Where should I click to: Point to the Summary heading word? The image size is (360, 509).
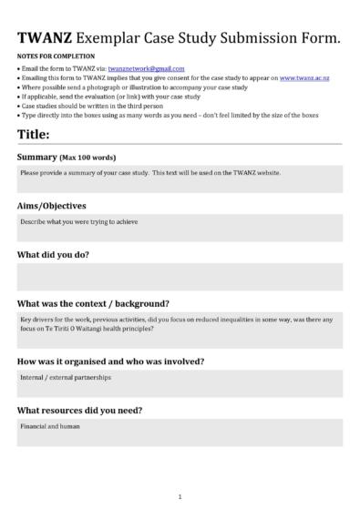tap(38, 158)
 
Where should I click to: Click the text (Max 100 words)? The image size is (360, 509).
tap(89, 158)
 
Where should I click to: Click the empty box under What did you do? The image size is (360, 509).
tap(180, 277)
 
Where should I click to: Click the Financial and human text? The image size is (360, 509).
tap(44, 426)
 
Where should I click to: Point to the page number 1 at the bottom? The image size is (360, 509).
tap(180, 497)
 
